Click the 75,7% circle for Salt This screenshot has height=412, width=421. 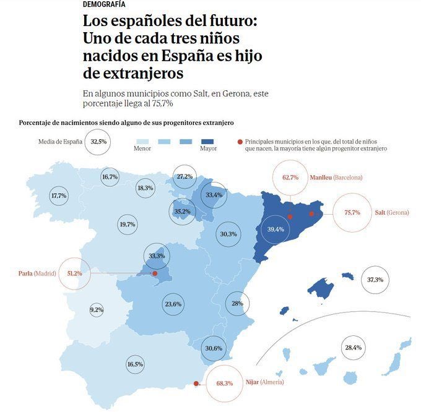(352, 213)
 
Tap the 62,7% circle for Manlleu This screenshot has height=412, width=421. (290, 178)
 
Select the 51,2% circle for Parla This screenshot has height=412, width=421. (74, 273)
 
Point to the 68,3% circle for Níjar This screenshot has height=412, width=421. (224, 384)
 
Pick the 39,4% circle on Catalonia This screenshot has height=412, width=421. (275, 230)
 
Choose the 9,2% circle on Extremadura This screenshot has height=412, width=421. (96, 310)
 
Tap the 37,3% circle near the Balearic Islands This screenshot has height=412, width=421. (375, 280)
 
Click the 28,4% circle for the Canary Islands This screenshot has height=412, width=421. (353, 348)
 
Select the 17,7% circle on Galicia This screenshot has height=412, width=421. (59, 195)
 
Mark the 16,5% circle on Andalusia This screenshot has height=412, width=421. (134, 365)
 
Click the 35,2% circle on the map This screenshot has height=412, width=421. (182, 212)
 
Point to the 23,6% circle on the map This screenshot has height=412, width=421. (173, 304)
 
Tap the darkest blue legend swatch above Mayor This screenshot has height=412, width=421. (207, 141)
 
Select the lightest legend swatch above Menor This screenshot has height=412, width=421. (143, 141)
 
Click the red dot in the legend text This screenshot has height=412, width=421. (240, 142)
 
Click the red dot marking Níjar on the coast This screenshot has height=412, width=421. (196, 384)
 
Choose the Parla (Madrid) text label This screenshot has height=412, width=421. (37, 273)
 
